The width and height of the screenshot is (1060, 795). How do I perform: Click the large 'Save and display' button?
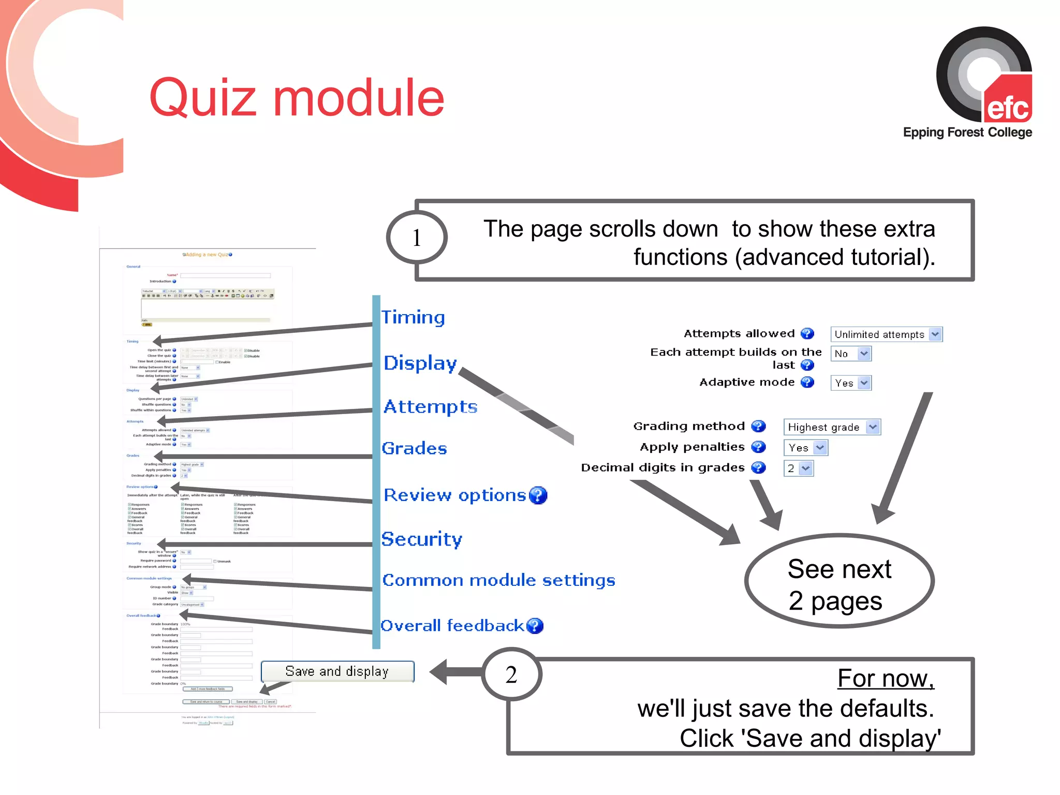337,671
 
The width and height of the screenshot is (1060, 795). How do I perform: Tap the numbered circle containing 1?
417,238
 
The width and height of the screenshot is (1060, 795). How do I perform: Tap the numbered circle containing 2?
511,674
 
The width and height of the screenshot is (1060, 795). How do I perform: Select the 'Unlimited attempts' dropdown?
886,334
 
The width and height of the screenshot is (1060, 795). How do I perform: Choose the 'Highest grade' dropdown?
832,427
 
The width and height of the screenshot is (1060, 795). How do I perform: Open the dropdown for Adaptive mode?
851,383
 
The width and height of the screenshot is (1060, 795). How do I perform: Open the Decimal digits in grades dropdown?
798,468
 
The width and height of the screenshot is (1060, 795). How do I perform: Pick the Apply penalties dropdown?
806,448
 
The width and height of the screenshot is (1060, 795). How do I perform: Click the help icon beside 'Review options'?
538,495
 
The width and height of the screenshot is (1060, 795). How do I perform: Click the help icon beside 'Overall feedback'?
535,626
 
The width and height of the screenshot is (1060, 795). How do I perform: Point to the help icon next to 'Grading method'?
758,426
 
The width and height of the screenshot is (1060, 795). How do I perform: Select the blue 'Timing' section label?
413,317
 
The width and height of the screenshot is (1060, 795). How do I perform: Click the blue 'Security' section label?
421,539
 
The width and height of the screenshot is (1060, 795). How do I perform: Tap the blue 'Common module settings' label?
498,580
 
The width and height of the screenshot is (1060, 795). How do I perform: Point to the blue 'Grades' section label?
414,448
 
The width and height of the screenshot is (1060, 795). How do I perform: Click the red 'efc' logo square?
1008,101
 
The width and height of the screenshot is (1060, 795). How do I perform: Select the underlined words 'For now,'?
886,678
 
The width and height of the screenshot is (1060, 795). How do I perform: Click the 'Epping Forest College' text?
967,132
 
